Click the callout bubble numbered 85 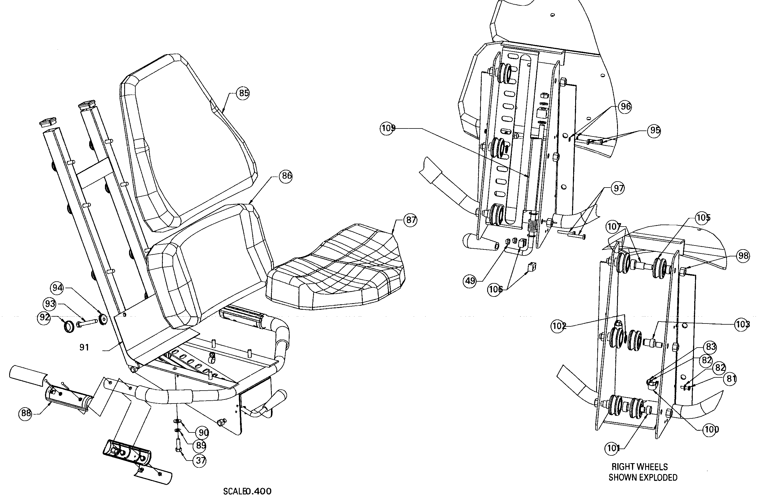[x=244, y=93]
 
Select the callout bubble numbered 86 [x=286, y=176]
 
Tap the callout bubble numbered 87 [x=411, y=220]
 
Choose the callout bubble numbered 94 [x=58, y=288]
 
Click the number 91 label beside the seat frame [x=84, y=347]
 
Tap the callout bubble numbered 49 [x=470, y=281]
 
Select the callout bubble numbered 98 [x=743, y=256]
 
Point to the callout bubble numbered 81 [x=731, y=379]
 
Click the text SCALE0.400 [x=247, y=492]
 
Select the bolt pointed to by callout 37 [x=179, y=445]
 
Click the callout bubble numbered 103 [x=742, y=325]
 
